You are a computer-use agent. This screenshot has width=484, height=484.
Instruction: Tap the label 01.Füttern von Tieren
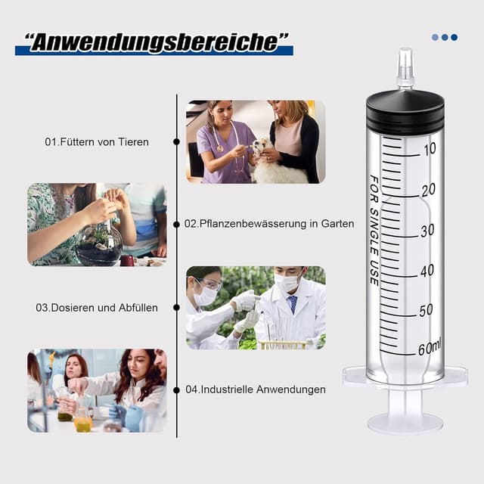(x=97, y=141)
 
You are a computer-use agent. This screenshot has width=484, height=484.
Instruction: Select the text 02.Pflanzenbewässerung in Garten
(x=269, y=224)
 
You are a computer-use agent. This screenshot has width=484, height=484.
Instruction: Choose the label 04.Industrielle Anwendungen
(x=256, y=389)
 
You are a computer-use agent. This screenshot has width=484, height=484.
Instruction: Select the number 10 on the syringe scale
(x=430, y=149)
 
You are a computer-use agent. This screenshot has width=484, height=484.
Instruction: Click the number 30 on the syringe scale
(x=427, y=230)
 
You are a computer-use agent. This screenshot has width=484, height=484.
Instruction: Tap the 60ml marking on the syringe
(x=430, y=348)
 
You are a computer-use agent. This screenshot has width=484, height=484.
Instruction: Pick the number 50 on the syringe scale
(x=427, y=309)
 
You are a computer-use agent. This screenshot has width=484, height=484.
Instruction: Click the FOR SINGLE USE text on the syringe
(x=374, y=230)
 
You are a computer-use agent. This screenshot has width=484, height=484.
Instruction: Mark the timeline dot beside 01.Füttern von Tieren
(x=176, y=141)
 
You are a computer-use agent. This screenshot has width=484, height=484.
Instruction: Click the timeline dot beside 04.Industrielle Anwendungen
(x=176, y=389)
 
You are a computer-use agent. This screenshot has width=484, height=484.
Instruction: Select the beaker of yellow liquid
(x=83, y=423)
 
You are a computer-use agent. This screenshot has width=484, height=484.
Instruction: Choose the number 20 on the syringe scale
(x=429, y=189)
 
